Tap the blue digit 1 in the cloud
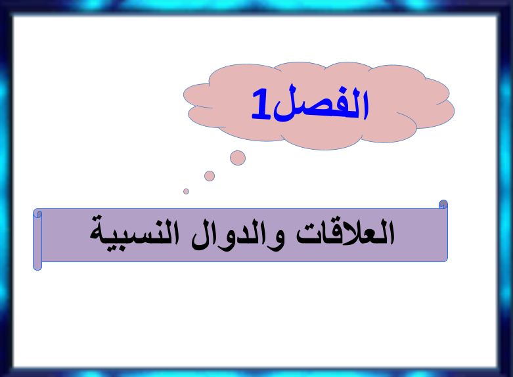pyautogui.click(x=261, y=104)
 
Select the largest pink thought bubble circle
pyautogui.click(x=238, y=158)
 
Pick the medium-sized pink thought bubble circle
pyautogui.click(x=210, y=176)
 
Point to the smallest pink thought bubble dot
pyautogui.click(x=186, y=191)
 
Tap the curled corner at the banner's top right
pyautogui.click(x=443, y=204)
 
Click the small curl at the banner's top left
pyautogui.click(x=38, y=213)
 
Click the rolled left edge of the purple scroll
pyautogui.click(x=37, y=240)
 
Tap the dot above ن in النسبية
pyautogui.click(x=158, y=220)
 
